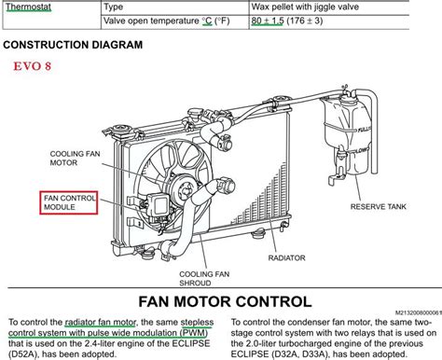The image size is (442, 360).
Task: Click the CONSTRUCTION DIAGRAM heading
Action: (x=72, y=44)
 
